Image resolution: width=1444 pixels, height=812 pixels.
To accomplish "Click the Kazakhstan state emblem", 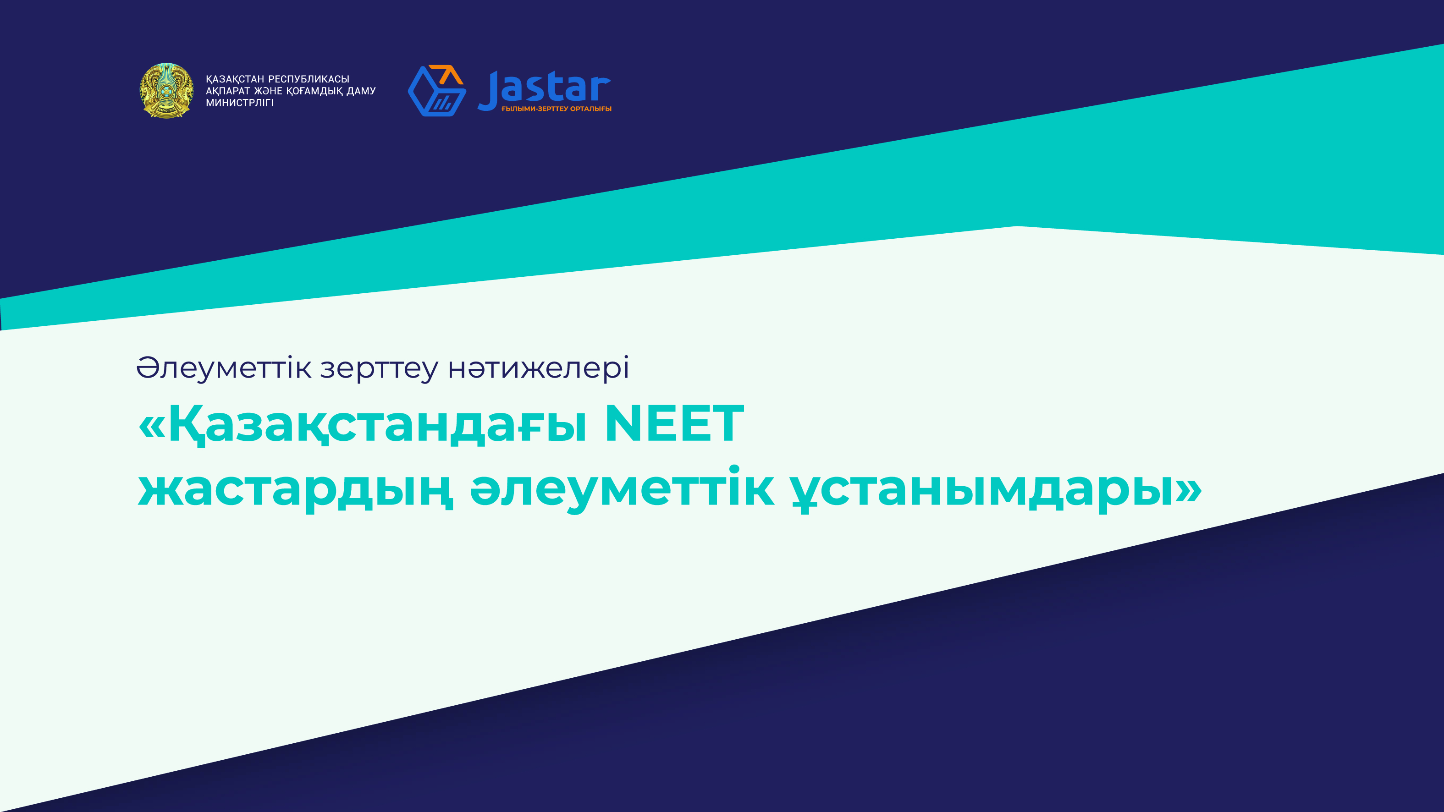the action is pos(166,90).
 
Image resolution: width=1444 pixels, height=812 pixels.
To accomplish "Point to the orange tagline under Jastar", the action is pos(556,109).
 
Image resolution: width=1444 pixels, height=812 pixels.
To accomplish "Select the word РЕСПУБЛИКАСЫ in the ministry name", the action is pos(309,79).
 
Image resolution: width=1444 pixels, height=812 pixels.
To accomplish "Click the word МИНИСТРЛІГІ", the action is pos(239,103).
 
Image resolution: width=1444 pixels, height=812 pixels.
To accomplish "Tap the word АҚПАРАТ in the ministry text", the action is pos(227,91).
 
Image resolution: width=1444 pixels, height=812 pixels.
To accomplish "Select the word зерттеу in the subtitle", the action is pos(380,370).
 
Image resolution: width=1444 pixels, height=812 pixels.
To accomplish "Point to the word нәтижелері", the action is pos(538,368).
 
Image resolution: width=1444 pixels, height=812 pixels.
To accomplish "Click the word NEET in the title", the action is pos(674,424).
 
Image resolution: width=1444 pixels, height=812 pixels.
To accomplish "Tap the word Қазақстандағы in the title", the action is pos(378,426).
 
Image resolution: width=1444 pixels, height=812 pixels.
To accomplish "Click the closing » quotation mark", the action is pos(1188,489).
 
